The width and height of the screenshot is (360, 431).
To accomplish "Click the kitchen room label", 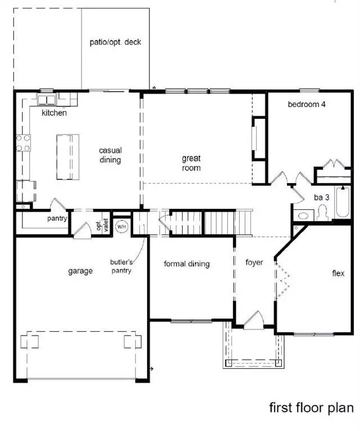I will click(x=54, y=113).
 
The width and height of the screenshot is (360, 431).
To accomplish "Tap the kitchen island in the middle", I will click(x=67, y=157).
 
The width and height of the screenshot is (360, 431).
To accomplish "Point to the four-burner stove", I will click(x=23, y=143).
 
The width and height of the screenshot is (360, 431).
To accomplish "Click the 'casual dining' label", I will click(x=110, y=155).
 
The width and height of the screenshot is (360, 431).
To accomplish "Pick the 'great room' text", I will click(x=191, y=163).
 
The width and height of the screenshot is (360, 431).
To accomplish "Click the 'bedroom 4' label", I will click(x=307, y=104).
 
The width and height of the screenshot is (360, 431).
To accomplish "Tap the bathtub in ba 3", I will click(x=342, y=203).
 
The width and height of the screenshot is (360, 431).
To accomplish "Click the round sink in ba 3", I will click(x=305, y=215).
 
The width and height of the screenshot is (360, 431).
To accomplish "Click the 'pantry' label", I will click(x=58, y=218).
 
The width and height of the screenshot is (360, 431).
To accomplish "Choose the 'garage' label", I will click(x=80, y=271).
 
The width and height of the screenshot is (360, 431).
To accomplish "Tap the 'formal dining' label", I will click(x=186, y=264).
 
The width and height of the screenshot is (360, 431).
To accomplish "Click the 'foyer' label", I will click(x=254, y=262).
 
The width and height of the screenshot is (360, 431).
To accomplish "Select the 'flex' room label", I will click(x=338, y=274).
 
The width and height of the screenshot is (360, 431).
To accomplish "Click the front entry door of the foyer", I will click(x=254, y=322).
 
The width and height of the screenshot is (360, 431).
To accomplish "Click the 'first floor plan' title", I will click(x=311, y=407).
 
